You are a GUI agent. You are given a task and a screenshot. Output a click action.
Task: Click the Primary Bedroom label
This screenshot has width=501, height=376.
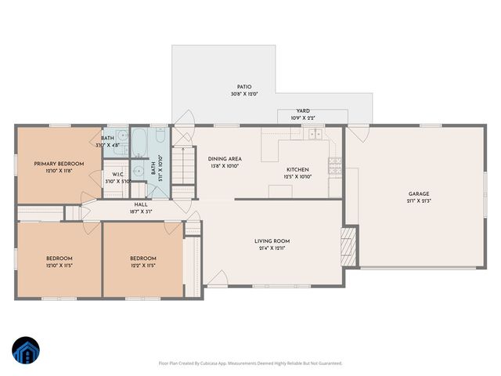click(59, 164)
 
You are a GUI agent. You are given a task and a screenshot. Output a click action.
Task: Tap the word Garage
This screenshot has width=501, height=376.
click(418, 193)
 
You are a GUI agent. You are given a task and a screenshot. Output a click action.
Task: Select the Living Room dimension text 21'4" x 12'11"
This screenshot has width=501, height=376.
click(272, 248)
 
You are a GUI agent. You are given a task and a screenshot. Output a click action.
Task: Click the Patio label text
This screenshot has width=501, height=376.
click(244, 87)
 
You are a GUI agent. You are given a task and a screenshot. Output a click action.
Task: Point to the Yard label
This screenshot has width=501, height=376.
click(303, 111)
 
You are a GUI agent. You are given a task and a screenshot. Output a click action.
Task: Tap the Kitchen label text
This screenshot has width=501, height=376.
click(297, 169)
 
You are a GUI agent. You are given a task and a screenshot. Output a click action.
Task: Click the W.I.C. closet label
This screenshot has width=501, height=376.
click(117, 174)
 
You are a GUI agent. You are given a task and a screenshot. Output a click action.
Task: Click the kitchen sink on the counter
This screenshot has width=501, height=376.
click(315, 134)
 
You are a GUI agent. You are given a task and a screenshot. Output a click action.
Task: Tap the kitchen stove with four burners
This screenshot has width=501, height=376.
click(335, 164)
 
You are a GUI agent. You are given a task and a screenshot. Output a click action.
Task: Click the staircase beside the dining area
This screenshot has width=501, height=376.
click(182, 164)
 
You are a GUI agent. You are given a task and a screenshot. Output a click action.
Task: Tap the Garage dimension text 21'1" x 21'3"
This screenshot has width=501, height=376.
click(418, 201)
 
